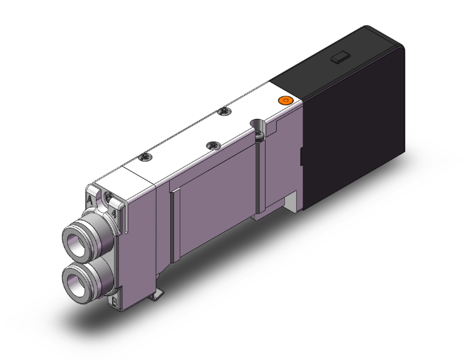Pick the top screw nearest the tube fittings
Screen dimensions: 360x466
(145, 157)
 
